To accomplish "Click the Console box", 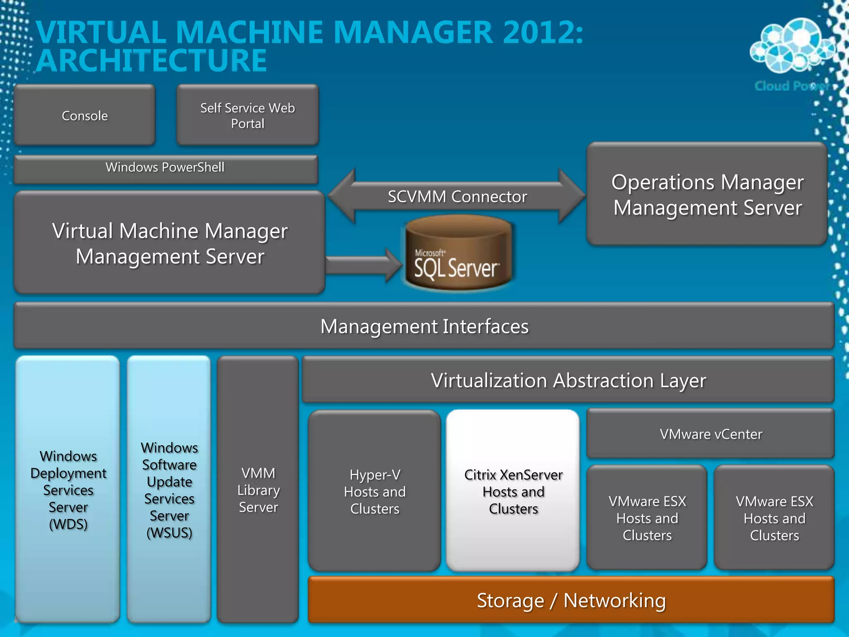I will (85, 115).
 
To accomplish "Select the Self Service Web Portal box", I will (247, 115).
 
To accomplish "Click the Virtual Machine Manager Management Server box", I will (169, 243).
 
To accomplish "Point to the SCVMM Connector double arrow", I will (457, 197).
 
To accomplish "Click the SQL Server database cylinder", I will (458, 253).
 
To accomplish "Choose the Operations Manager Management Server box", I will (707, 195).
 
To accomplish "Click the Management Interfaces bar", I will (424, 326).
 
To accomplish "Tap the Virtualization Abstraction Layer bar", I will (568, 380).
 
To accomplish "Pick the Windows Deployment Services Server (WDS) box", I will (68, 489).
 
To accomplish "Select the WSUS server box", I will (169, 489).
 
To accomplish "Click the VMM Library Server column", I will (258, 489).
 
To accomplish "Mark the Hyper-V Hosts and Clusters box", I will (374, 491).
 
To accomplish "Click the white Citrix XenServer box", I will (513, 491).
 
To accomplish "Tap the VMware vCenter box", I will (711, 434).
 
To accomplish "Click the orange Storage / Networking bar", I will (571, 600).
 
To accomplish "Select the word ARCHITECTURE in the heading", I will (152, 61).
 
